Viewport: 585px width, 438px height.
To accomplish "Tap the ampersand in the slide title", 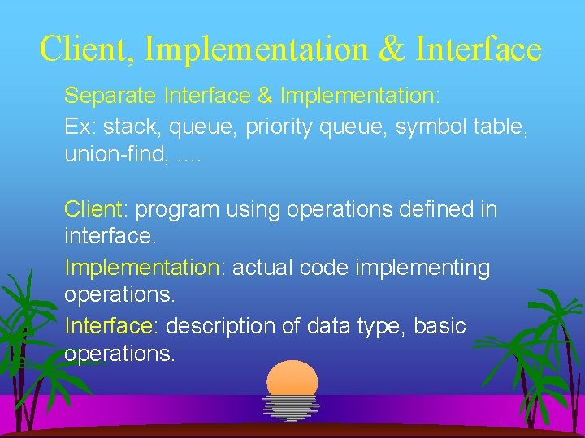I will point(392,49).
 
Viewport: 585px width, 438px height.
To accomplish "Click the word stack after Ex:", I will point(131,126).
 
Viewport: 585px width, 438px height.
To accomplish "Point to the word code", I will point(322,268).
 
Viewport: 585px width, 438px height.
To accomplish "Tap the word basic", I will point(440,326).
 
